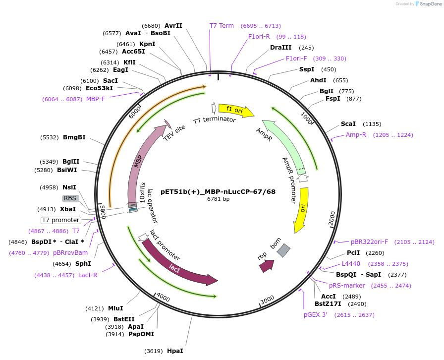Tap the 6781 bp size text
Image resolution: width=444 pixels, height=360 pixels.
pos(218,199)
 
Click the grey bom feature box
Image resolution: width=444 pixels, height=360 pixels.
pos(283,250)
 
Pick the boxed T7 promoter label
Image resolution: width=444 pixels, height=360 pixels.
pos(60,220)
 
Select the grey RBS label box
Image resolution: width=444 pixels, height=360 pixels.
pos(70,198)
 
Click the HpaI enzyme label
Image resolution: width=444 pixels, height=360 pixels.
pos(175,351)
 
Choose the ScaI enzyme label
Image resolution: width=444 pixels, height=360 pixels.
pos(348,124)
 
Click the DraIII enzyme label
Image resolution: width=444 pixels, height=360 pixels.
pos(281,48)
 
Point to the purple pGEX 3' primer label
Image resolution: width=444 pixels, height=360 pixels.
pos(316,315)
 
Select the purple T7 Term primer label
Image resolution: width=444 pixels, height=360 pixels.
pos(222,26)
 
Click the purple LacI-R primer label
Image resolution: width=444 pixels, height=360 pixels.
pos(88,275)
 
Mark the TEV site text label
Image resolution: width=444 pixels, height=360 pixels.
pos(174,133)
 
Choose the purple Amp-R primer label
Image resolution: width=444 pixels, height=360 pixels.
pos(356,135)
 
